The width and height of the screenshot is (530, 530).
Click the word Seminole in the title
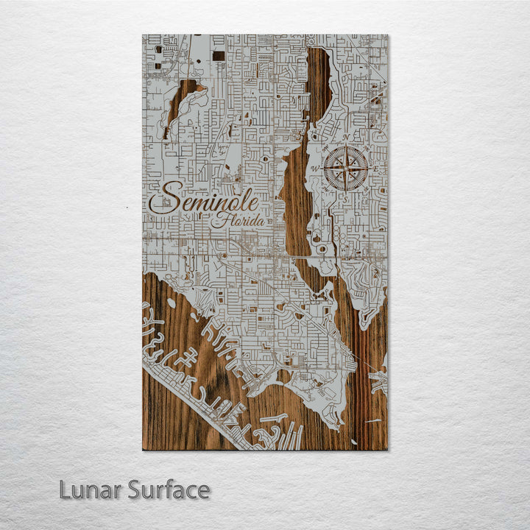204,199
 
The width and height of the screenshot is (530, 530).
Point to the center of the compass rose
346,169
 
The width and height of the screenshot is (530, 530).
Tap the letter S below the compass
346,198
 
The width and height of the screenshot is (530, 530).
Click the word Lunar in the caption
91,490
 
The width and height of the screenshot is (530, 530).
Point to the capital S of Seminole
163,199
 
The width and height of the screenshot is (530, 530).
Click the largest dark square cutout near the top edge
219,54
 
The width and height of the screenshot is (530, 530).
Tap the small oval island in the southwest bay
172,303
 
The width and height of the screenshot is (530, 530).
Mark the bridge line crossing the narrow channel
309,256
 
